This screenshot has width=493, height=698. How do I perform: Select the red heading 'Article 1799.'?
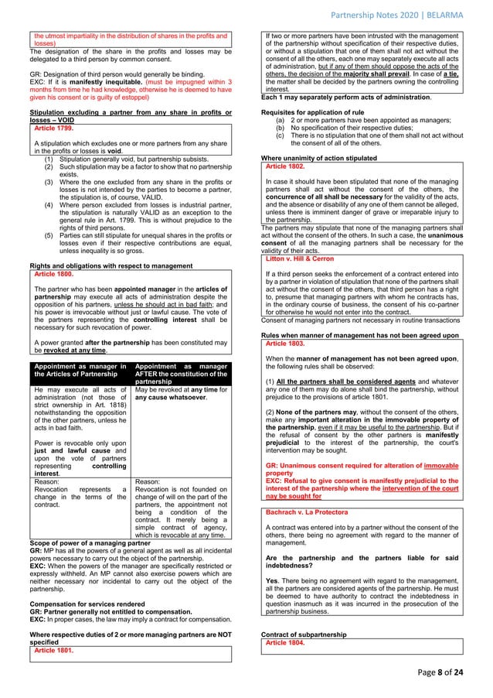[x=53, y=128]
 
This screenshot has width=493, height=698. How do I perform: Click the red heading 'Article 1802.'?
[x=287, y=166]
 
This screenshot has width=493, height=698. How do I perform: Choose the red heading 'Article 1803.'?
[x=287, y=343]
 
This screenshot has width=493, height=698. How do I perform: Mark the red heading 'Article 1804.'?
[x=287, y=643]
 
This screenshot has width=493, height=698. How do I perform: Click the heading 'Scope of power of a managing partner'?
[x=90, y=544]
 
